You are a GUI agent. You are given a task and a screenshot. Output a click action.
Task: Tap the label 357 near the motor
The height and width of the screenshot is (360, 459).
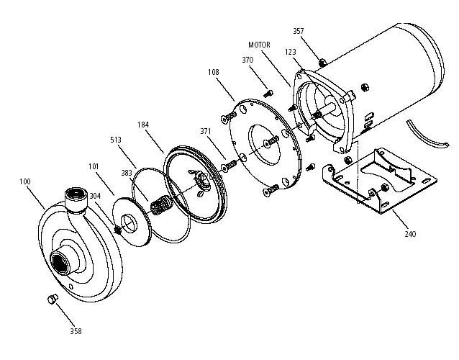tap(299, 31)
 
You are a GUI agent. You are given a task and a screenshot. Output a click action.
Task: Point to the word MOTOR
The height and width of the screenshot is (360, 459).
tap(258, 45)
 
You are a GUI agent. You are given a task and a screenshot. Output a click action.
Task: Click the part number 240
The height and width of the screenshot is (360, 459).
tap(409, 234)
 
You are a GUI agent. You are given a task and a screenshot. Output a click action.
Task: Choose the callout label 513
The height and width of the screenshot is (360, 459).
tap(116, 139)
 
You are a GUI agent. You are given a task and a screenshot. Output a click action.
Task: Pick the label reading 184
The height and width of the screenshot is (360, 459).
tap(143, 125)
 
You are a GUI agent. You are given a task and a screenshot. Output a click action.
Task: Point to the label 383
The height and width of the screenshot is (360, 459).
tap(127, 174)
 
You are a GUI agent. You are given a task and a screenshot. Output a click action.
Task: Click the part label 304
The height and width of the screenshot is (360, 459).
tap(95, 196)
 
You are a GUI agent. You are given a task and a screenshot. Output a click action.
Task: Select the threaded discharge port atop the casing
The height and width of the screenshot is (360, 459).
tap(75, 195)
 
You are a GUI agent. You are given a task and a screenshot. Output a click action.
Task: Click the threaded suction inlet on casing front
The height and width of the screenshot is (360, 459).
tap(60, 264)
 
